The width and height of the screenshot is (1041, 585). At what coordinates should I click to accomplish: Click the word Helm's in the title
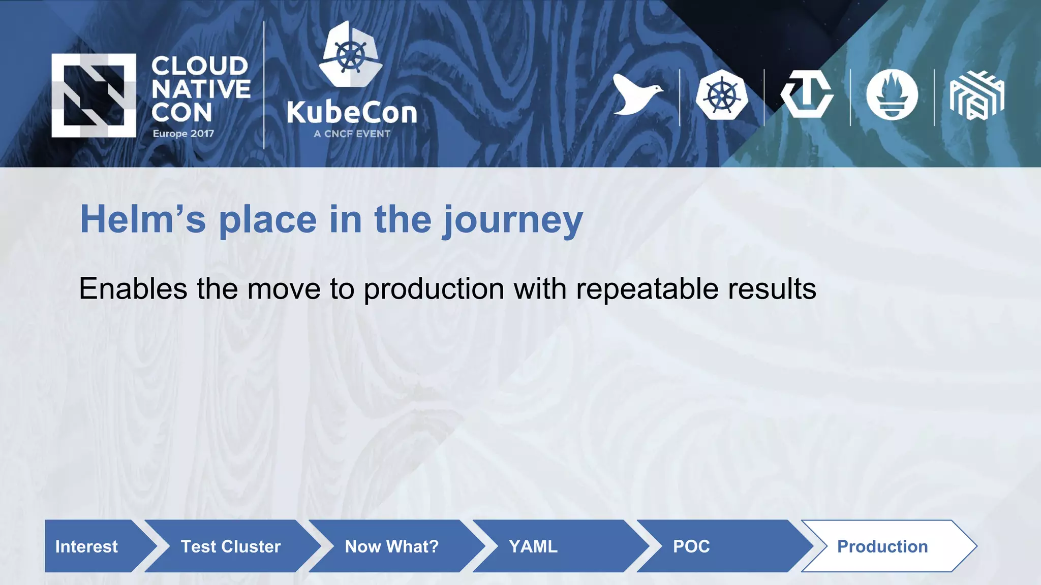click(x=143, y=219)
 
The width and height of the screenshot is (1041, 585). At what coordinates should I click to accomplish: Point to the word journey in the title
click(x=512, y=221)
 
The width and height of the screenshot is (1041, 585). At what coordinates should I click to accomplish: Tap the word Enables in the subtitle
click(x=133, y=288)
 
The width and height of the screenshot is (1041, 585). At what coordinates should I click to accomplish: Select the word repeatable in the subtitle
click(x=647, y=289)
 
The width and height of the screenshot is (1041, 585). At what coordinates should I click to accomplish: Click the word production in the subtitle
click(x=434, y=289)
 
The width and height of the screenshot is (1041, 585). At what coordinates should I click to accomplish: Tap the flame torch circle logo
click(x=892, y=95)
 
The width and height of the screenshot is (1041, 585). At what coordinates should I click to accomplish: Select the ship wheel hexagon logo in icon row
click(x=722, y=95)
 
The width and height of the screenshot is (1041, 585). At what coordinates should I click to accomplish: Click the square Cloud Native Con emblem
click(x=94, y=95)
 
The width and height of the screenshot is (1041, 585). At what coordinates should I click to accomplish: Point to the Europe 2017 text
click(x=183, y=134)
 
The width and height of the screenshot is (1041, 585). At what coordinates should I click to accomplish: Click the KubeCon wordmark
click(x=352, y=113)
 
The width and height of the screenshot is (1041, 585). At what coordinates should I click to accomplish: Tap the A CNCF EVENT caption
click(x=352, y=134)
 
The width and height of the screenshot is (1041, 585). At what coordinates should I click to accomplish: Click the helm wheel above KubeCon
click(x=351, y=54)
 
